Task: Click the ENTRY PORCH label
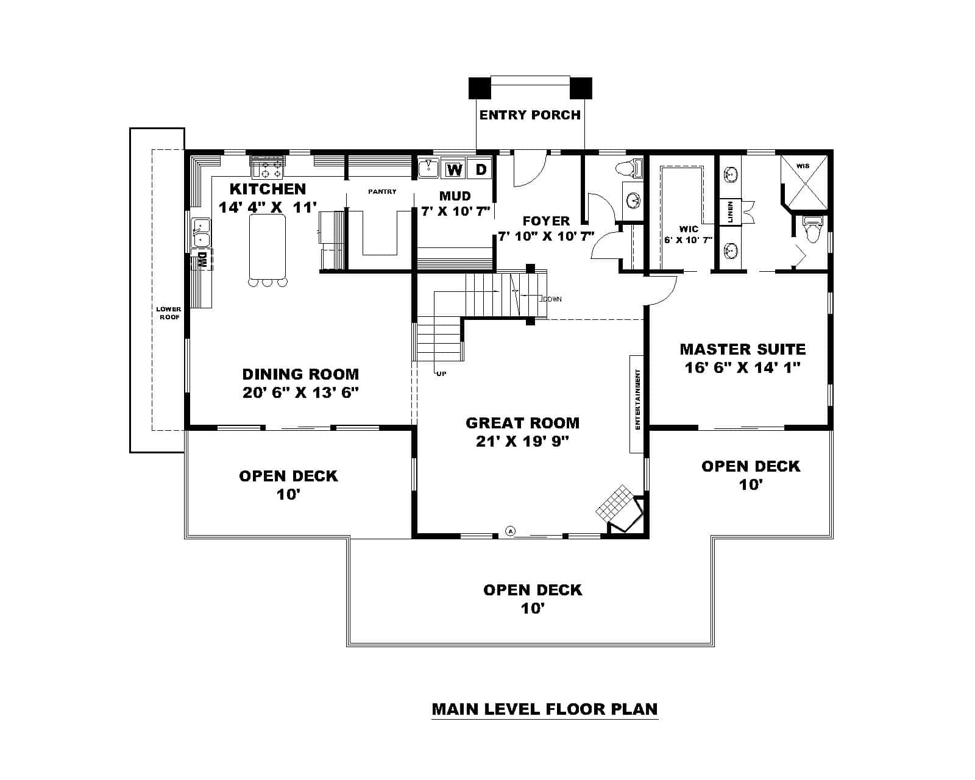pos(530,115)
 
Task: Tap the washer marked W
pos(454,169)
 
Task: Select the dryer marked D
pos(481,169)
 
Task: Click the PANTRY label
pos(382,191)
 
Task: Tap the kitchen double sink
pos(200,233)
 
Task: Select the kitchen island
pos(267,246)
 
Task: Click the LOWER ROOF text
pos(168,313)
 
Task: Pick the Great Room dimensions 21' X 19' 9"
pos(522,441)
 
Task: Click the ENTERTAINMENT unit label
pos(637,400)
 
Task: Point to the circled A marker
pos(511,531)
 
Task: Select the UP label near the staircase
pos(441,374)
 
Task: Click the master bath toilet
pos(813,230)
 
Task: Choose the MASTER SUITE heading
pos(742,349)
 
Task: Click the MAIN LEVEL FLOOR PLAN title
pos(545,709)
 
